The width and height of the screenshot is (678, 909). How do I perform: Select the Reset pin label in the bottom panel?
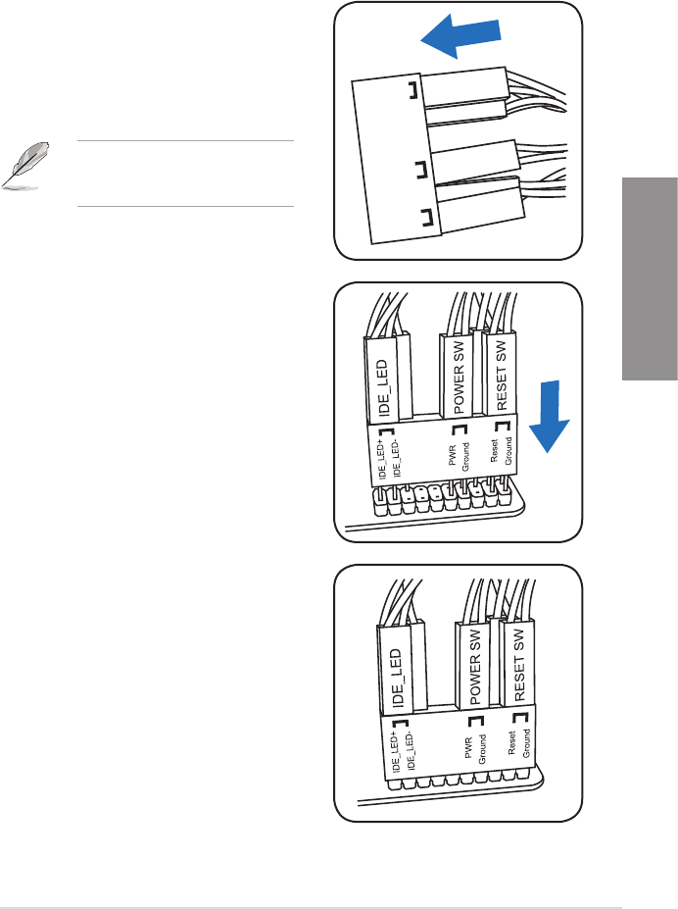click(511, 740)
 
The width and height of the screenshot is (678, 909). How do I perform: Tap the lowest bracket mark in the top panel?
click(424, 219)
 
